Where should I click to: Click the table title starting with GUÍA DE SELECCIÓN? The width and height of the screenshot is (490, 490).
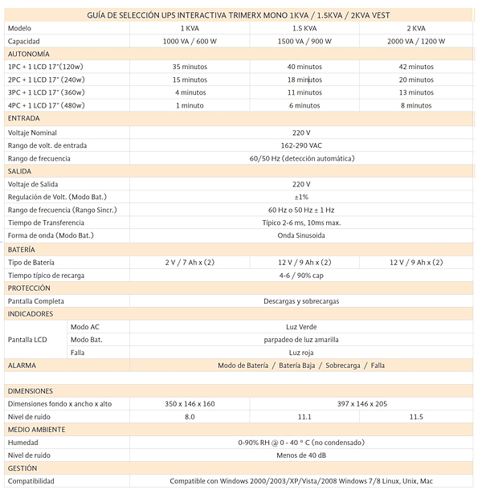(238, 15)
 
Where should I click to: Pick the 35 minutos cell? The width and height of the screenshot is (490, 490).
(190, 67)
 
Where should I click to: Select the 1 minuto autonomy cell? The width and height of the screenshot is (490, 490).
(190, 105)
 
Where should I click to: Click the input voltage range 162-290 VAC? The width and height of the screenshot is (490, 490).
(301, 145)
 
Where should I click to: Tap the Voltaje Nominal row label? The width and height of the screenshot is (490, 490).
(32, 132)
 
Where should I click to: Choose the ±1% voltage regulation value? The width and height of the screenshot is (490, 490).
(301, 197)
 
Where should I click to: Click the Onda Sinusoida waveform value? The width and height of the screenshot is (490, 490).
(301, 236)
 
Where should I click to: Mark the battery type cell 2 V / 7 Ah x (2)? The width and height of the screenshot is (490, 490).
(190, 263)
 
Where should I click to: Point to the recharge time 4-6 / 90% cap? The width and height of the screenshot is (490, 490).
(301, 276)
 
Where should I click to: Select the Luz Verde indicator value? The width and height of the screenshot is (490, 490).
(301, 327)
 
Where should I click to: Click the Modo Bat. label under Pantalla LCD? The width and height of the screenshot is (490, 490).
(86, 340)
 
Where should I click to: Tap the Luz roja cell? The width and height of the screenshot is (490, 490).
(301, 352)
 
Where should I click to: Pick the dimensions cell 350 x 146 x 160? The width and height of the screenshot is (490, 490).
(190, 403)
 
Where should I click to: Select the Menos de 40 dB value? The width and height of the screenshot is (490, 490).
(301, 455)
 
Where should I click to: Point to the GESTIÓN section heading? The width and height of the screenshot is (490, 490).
(22, 468)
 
